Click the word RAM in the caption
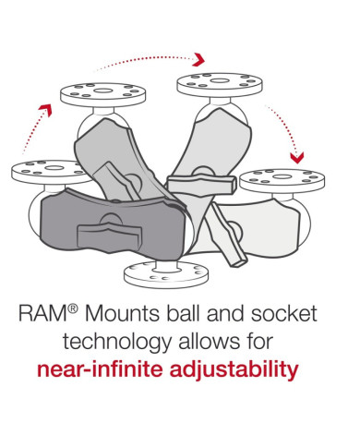42,314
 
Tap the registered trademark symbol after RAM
72,308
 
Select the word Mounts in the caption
122,314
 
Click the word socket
284,314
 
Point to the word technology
117,343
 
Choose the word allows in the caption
210,342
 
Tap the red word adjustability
234,370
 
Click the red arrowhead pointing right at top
198,59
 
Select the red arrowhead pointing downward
297,157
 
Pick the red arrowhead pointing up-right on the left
46,110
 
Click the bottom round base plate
166,274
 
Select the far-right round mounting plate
282,181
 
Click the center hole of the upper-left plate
102,91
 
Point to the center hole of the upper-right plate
220,81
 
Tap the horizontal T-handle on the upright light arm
201,185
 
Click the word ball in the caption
185,313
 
